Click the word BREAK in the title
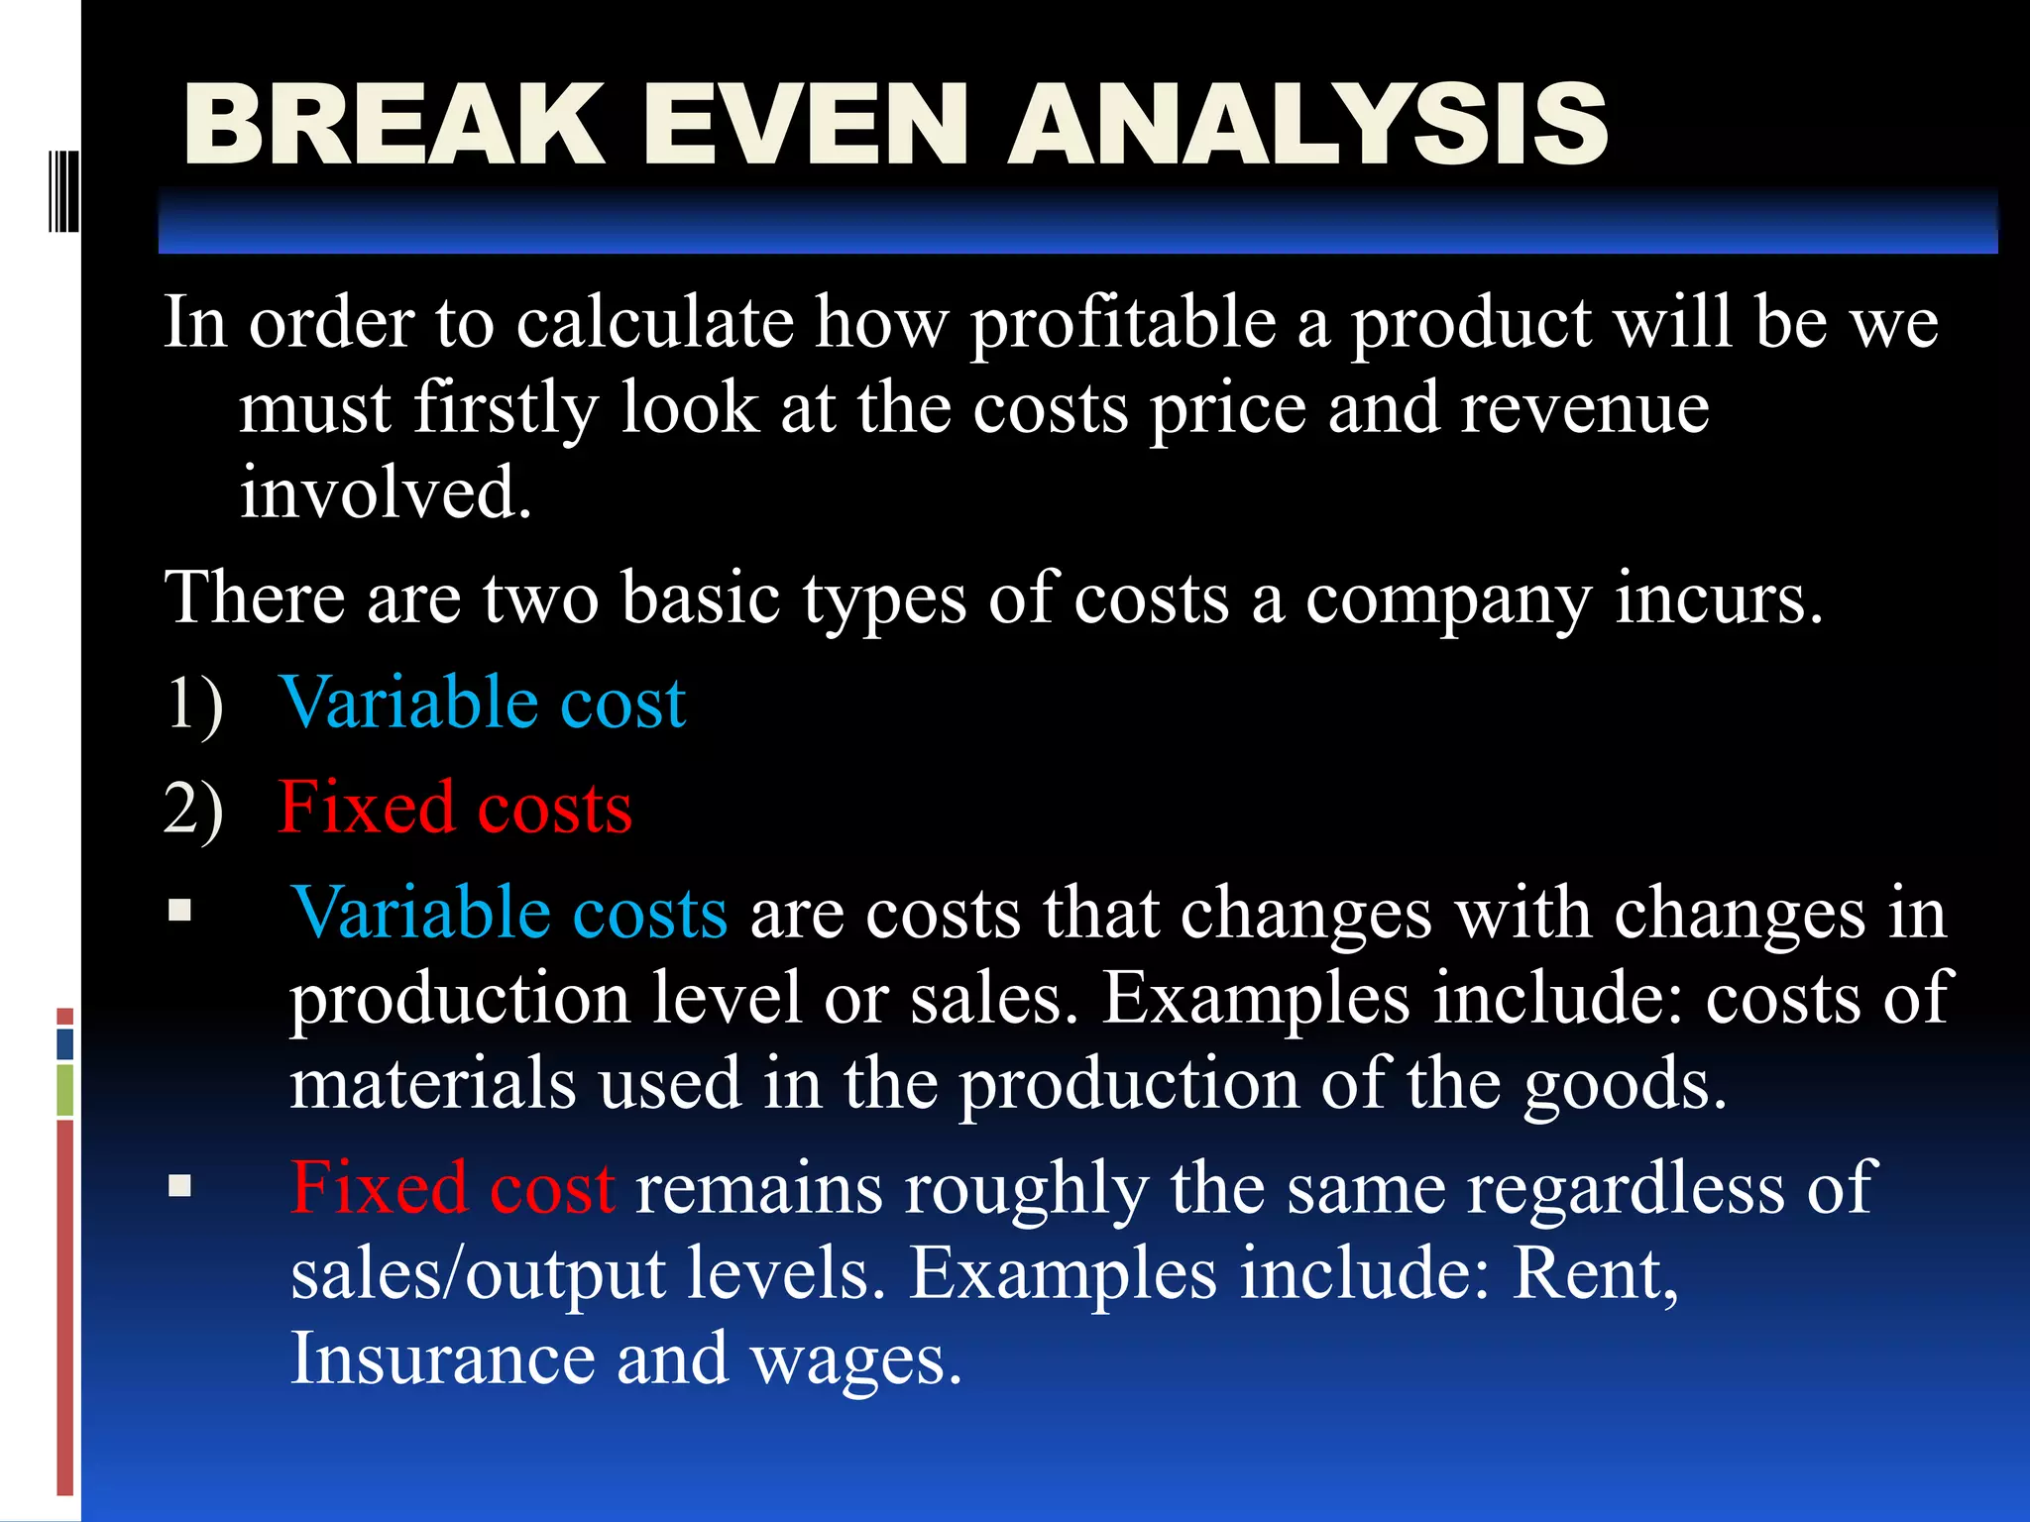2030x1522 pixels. coord(394,125)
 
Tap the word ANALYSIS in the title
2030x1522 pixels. coord(1307,125)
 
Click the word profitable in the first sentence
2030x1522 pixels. coord(1124,325)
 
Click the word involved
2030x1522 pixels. coord(385,492)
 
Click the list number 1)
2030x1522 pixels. coord(194,705)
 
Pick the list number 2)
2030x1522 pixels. coord(194,810)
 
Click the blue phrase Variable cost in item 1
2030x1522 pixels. coord(483,703)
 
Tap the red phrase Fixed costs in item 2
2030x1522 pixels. coord(455,808)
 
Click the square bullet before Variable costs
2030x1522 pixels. coord(179,911)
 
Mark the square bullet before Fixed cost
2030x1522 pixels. coord(179,1186)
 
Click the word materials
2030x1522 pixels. coord(433,1083)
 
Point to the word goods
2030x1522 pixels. coord(1625,1085)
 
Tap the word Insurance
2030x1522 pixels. coord(442,1359)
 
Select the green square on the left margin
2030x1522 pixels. coord(65,1090)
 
